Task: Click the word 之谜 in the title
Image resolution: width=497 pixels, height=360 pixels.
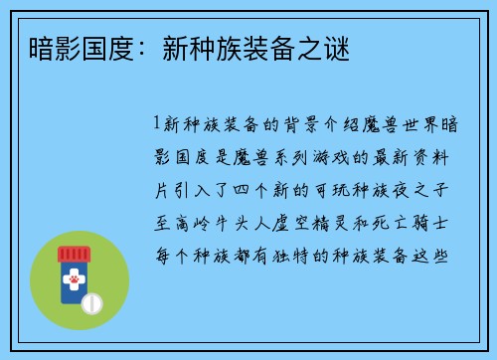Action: [329, 47]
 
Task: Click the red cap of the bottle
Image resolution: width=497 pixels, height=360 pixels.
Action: [76, 255]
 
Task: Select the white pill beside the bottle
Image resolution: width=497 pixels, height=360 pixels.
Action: [92, 302]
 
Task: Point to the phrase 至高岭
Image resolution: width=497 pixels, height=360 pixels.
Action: [181, 222]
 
